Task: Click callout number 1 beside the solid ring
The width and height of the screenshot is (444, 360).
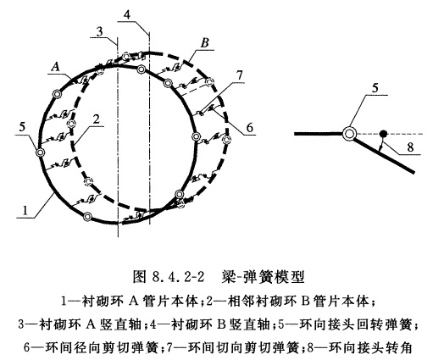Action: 25,211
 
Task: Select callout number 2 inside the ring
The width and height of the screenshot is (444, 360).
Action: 97,119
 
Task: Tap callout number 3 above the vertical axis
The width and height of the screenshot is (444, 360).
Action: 99,31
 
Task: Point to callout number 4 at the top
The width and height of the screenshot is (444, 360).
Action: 127,14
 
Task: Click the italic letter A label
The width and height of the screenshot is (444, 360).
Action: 56,67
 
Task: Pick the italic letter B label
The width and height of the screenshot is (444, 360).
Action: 204,43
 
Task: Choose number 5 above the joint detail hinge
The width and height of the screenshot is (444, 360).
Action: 375,88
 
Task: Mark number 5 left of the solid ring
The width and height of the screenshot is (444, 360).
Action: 22,127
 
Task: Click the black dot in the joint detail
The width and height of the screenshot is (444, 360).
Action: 383,133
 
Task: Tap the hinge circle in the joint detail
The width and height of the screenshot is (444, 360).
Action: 348,134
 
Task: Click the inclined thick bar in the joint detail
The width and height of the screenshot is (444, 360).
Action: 384,154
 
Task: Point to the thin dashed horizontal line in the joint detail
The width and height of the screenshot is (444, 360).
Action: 390,134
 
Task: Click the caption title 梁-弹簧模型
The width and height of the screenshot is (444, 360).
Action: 264,276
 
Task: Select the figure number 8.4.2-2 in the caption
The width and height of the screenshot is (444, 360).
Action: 178,277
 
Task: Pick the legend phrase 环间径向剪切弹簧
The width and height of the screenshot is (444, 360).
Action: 101,347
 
